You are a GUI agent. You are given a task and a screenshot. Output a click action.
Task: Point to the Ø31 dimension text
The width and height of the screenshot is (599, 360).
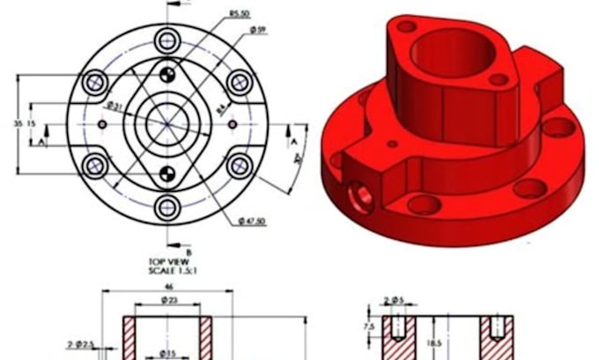tap(115, 106)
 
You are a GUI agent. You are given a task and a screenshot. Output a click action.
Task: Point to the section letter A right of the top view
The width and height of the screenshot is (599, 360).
tap(292, 139)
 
